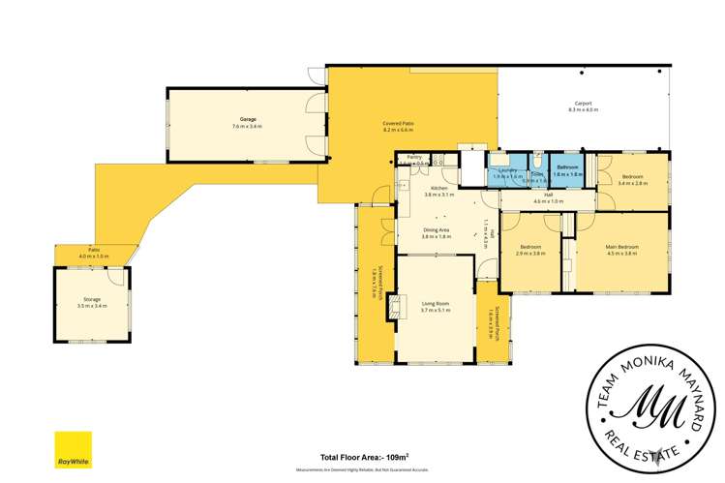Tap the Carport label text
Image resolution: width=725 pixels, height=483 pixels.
tap(583, 105)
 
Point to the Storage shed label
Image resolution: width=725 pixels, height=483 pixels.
tap(92, 301)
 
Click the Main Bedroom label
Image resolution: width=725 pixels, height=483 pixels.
tap(620, 248)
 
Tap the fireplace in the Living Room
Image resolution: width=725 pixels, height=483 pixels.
tap(393, 308)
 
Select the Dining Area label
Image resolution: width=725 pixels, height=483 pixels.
tap(436, 231)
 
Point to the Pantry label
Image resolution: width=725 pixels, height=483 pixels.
tap(413, 157)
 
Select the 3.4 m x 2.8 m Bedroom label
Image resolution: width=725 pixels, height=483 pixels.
tap(632, 178)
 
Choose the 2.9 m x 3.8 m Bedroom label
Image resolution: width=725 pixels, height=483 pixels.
tap(530, 249)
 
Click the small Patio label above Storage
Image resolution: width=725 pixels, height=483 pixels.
tap(94, 252)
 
